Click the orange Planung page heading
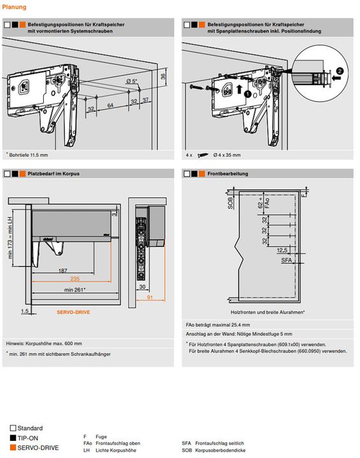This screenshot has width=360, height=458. [14, 7]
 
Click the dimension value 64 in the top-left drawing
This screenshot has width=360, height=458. [110, 105]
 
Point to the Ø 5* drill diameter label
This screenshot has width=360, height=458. [132, 81]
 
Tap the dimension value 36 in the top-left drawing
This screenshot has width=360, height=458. [163, 76]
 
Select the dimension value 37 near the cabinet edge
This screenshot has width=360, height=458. [146, 100]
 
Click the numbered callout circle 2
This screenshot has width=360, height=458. [340, 71]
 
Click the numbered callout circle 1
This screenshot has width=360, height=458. [247, 94]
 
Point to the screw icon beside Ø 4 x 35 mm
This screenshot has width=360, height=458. [203, 155]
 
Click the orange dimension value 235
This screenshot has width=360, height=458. [75, 279]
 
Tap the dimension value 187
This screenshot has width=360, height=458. [62, 270]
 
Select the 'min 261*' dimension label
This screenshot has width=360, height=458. [75, 290]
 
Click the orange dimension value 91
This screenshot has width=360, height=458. [149, 297]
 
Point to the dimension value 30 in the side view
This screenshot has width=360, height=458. [142, 287]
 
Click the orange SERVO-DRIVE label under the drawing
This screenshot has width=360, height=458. [73, 312]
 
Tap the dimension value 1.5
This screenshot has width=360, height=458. [25, 311]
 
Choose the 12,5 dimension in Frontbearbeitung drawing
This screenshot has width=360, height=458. [282, 251]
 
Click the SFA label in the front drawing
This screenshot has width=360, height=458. [286, 260]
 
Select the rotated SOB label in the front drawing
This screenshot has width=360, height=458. [230, 203]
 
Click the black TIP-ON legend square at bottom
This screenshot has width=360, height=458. [13, 438]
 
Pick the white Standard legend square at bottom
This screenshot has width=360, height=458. [13, 428]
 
